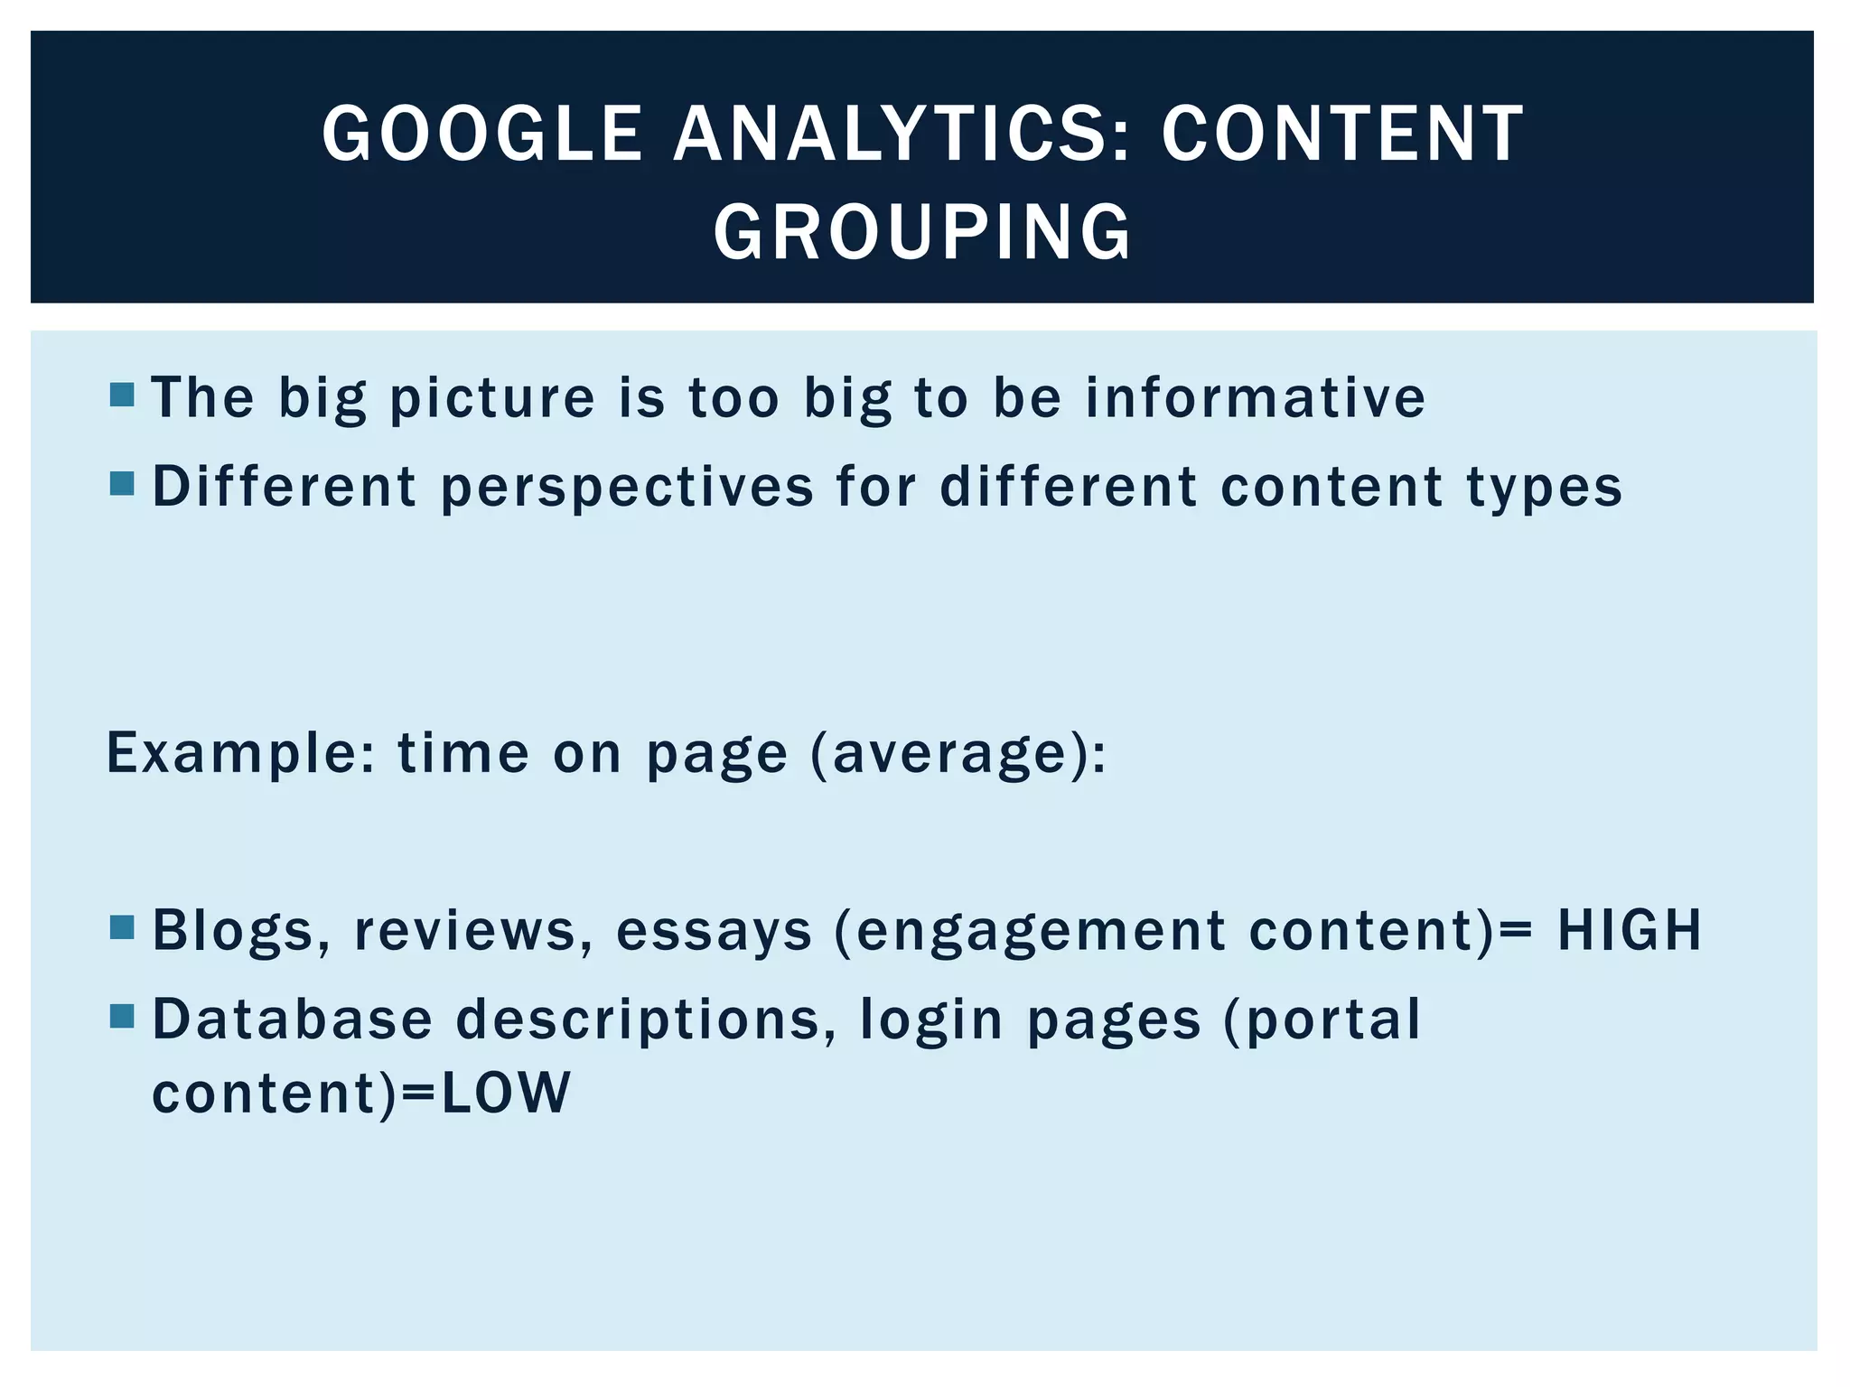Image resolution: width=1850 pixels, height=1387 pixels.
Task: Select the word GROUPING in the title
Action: [922, 232]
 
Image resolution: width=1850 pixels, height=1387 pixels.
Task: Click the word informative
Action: [1255, 397]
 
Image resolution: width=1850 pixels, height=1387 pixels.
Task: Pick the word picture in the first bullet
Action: [492, 397]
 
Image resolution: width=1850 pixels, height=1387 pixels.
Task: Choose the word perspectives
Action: [627, 488]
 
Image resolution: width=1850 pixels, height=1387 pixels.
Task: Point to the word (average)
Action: [958, 753]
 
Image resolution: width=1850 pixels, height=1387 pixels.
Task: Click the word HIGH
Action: [1629, 930]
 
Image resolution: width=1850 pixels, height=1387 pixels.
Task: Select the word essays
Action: [714, 930]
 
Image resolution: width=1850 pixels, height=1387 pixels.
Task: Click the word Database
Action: [293, 1019]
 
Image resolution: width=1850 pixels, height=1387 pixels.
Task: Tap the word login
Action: [931, 1020]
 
